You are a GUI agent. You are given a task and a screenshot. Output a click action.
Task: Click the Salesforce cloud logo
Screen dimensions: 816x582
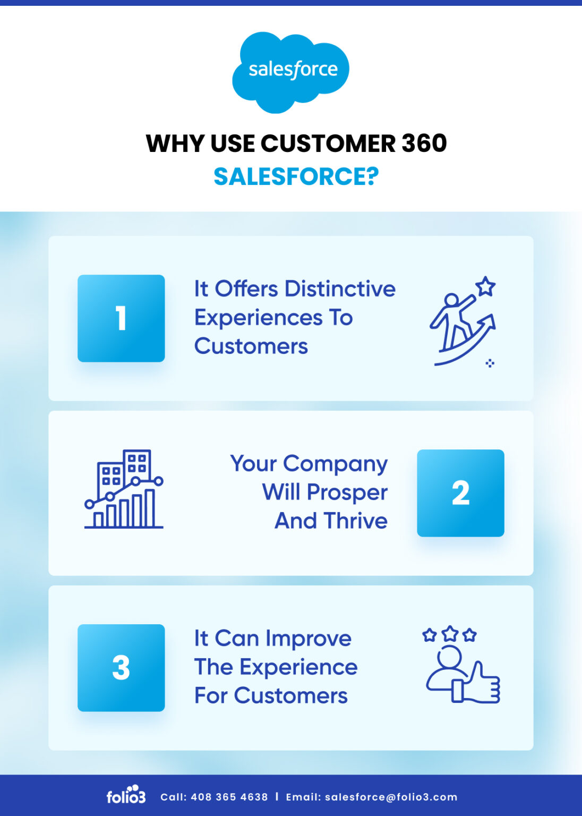[291, 71]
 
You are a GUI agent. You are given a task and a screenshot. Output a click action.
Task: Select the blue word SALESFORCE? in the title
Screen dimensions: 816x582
[296, 176]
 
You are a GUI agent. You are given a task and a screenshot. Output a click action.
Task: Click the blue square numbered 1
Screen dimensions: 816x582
[121, 318]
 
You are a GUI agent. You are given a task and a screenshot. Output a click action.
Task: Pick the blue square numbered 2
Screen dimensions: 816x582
[460, 493]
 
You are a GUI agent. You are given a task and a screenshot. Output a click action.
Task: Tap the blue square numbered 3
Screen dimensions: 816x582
[121, 668]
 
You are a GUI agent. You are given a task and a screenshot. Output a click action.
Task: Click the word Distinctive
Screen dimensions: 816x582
[340, 289]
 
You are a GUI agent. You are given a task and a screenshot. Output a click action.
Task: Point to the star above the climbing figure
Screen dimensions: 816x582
[485, 286]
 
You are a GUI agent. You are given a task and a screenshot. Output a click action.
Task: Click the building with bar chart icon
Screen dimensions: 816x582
[124, 489]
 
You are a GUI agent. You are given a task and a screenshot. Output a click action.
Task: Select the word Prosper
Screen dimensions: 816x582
[347, 492]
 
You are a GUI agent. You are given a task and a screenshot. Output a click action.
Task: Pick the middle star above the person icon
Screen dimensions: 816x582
[450, 633]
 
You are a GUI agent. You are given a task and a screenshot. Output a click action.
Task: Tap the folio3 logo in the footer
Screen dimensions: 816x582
[126, 795]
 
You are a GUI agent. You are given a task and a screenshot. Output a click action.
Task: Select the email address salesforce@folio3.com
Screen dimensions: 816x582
[391, 797]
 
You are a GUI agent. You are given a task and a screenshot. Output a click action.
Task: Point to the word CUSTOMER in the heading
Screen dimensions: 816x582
[328, 143]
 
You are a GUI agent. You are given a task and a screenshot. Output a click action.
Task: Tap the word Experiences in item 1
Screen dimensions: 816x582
[259, 318]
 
